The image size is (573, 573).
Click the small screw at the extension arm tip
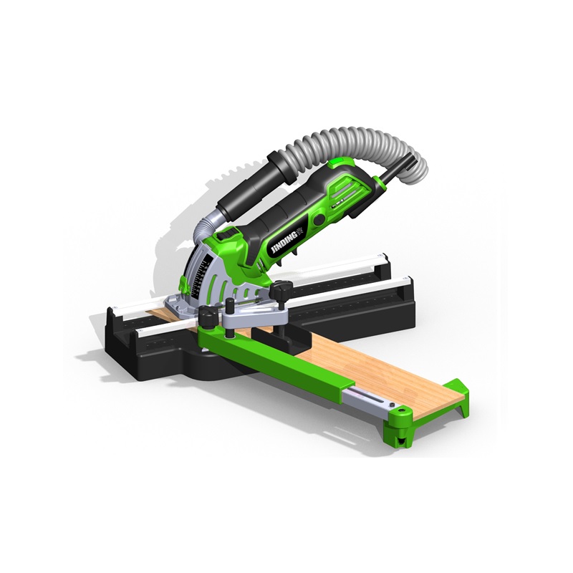(401, 412)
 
